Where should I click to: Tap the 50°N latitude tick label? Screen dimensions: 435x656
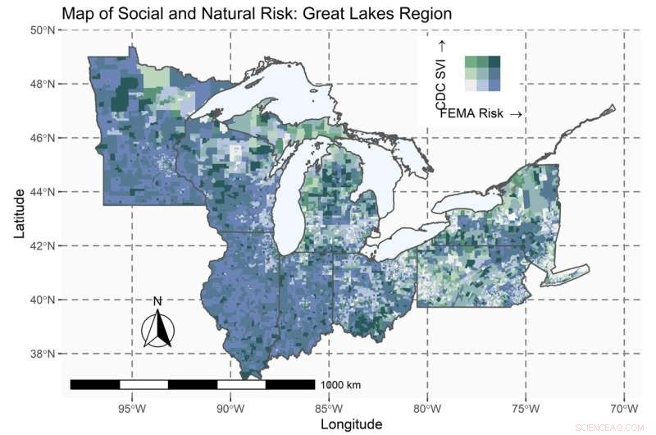42,30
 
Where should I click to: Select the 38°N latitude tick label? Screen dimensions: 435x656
42,354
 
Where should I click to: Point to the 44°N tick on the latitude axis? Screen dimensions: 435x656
42,192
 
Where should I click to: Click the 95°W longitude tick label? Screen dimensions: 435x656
131,408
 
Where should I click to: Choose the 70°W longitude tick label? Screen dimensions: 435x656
625,408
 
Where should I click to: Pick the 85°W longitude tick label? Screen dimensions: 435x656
329,408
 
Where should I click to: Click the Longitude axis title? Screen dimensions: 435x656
351,424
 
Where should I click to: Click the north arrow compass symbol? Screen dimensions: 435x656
158,330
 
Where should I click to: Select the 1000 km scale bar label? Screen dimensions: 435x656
340,384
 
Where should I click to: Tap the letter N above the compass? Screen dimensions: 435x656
157,301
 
